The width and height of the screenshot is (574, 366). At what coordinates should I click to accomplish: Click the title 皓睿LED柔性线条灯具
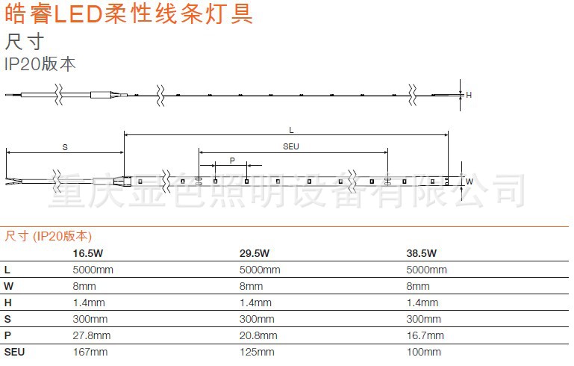[x=128, y=14]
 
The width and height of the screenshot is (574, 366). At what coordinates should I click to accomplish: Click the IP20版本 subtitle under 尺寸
[x=40, y=64]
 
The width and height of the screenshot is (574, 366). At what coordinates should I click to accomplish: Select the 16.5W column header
[x=87, y=253]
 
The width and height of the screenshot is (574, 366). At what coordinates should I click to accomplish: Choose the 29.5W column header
[x=255, y=253]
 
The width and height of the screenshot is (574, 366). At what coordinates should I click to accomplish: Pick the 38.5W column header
[x=422, y=253]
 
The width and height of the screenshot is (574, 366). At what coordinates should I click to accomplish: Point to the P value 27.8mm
[x=91, y=335]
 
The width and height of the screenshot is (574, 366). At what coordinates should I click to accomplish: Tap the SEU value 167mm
[x=90, y=352]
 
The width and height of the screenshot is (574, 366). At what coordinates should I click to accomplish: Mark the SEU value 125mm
[x=258, y=352]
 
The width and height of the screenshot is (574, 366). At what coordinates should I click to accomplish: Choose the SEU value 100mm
[x=425, y=352]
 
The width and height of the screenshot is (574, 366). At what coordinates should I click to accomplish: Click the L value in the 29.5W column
[x=260, y=270]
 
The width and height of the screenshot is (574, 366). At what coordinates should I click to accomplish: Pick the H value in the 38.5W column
[x=422, y=303]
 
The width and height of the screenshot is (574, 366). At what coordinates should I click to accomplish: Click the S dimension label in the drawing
[x=65, y=147]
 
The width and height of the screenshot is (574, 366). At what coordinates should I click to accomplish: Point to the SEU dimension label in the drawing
[x=291, y=146]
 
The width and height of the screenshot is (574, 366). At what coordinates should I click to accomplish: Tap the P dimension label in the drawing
[x=232, y=161]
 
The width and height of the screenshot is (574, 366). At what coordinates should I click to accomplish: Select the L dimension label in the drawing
[x=291, y=130]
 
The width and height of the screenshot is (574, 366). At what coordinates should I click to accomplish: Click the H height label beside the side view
[x=469, y=95]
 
